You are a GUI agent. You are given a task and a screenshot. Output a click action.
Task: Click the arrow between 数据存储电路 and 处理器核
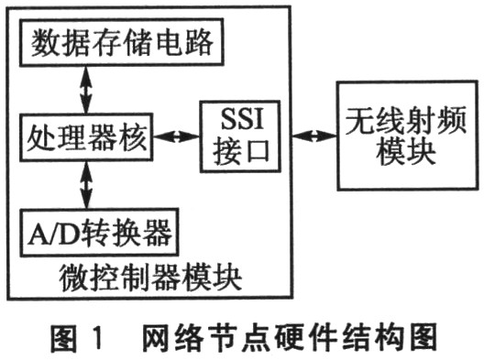point(85,89)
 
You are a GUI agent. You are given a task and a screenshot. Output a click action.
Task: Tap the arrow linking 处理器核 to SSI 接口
point(174,138)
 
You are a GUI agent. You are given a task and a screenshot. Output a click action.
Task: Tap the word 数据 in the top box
point(54,43)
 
